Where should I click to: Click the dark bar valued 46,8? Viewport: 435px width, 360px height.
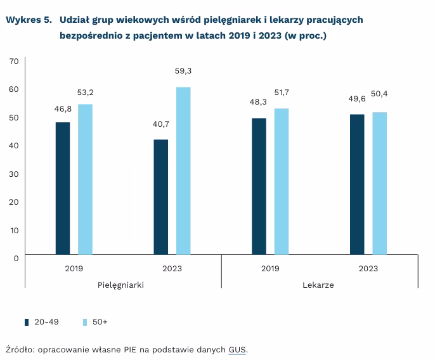[x=63, y=188]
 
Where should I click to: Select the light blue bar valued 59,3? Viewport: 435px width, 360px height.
[x=183, y=171]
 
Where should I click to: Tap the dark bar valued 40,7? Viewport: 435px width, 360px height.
[x=161, y=197]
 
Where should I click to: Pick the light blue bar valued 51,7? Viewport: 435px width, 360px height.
[x=282, y=182]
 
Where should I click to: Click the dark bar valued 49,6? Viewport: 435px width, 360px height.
[x=357, y=184]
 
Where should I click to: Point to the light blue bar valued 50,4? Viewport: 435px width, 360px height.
[x=380, y=184]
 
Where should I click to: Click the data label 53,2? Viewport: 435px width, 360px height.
[x=86, y=93]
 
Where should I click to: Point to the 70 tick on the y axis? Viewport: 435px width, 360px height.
[x=13, y=61]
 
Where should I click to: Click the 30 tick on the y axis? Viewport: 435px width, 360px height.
[x=13, y=174]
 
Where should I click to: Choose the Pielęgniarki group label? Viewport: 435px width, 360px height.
[x=120, y=285]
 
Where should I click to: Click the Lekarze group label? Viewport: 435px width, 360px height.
[x=318, y=285]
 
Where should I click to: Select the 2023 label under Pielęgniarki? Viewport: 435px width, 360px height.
[x=172, y=268]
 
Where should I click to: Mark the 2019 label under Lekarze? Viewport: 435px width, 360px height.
[x=270, y=268]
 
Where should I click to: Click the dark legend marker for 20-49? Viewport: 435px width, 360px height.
[x=27, y=322]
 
